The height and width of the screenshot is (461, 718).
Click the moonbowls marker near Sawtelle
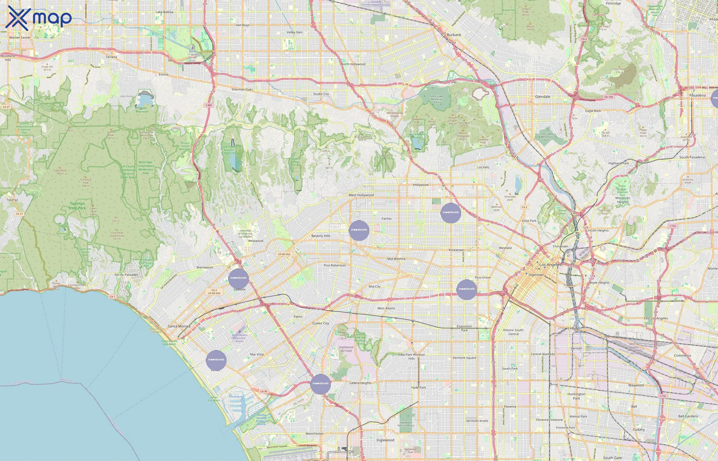[238, 278]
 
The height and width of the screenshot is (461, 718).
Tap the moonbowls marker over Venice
[216, 360]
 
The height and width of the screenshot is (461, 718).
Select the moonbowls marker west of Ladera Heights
[320, 384]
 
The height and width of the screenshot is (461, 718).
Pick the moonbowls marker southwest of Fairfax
[359, 230]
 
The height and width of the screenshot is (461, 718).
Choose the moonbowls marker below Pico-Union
[467, 289]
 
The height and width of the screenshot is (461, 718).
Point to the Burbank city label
[454, 35]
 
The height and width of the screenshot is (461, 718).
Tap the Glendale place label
[542, 96]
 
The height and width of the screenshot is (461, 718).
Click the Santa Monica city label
[179, 326]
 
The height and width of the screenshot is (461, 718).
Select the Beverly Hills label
[321, 236]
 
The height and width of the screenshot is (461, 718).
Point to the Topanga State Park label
[77, 206]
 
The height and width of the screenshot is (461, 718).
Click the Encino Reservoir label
[142, 110]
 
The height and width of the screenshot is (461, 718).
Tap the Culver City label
[321, 323]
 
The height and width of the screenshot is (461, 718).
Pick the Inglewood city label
[385, 440]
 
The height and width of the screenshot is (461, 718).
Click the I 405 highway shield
[209, 105]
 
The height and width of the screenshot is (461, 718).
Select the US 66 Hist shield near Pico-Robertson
[284, 254]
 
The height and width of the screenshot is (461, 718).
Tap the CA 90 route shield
[264, 391]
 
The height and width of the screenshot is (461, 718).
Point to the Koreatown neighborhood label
[456, 250]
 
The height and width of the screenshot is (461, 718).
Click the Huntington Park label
[576, 396]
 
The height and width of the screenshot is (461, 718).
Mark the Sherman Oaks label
[242, 89]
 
